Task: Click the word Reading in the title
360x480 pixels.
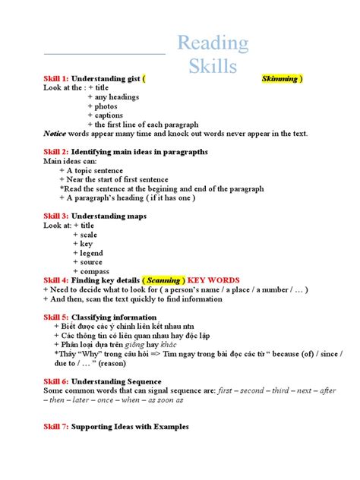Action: point(213,44)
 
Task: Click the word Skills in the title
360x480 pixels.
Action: point(213,68)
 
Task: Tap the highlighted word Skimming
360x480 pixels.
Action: point(279,78)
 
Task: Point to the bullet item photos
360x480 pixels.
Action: point(106,106)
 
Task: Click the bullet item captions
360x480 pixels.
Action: point(109,115)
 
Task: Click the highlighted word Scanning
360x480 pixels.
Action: point(163,280)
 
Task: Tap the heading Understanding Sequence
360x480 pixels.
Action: point(115,381)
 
